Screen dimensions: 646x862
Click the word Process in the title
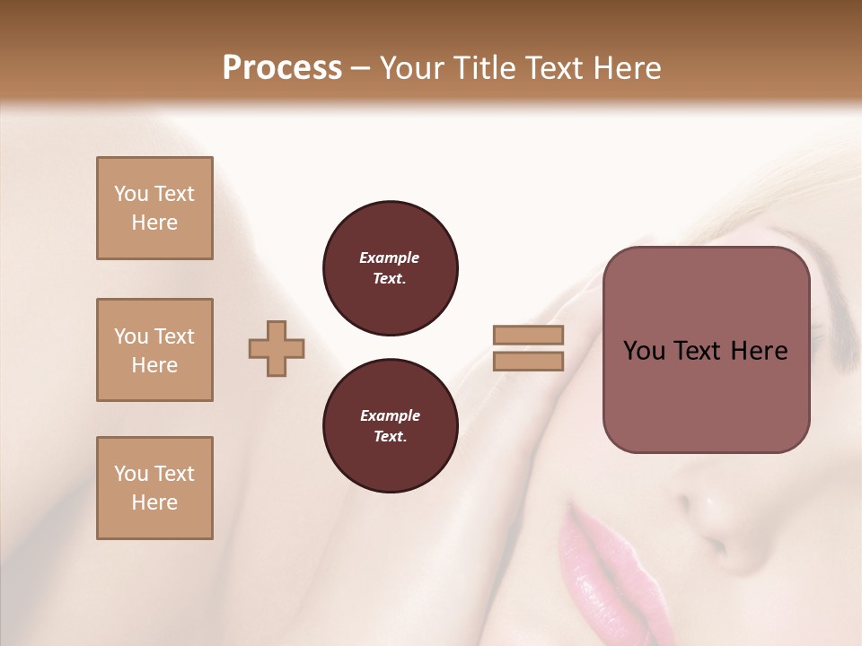coord(282,68)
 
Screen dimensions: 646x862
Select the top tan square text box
coord(154,208)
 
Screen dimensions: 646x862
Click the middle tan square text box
coord(154,350)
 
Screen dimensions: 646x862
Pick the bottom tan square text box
coord(154,488)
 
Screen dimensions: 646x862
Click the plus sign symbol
coord(277,348)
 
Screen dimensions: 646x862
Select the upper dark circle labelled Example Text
coord(391,268)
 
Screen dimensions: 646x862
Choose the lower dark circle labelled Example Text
coord(391,426)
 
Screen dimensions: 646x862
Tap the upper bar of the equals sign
coord(528,336)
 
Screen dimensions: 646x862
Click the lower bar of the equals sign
coord(528,361)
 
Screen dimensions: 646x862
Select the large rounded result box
coord(706,349)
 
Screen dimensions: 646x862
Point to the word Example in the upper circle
coord(389,258)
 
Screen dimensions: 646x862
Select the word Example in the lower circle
coord(390,415)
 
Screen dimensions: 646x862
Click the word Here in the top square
coord(154,223)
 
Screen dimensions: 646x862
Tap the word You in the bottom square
coord(131,474)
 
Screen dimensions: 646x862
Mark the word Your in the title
coord(412,68)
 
